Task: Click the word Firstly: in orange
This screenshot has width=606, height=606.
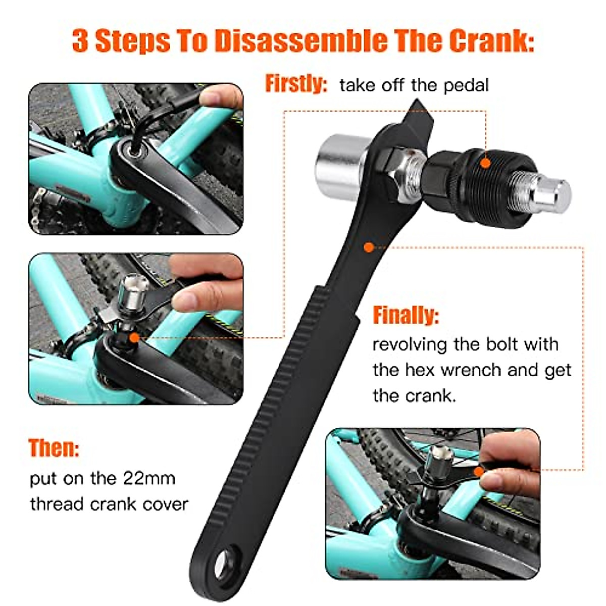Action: [x=296, y=84]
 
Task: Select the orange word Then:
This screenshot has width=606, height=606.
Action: [x=54, y=448]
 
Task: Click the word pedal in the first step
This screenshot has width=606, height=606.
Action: [x=466, y=85]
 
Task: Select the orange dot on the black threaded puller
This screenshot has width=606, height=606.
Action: [x=485, y=163]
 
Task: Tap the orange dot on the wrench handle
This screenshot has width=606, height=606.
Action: [x=369, y=247]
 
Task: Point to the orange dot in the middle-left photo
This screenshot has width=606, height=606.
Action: [x=134, y=337]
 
